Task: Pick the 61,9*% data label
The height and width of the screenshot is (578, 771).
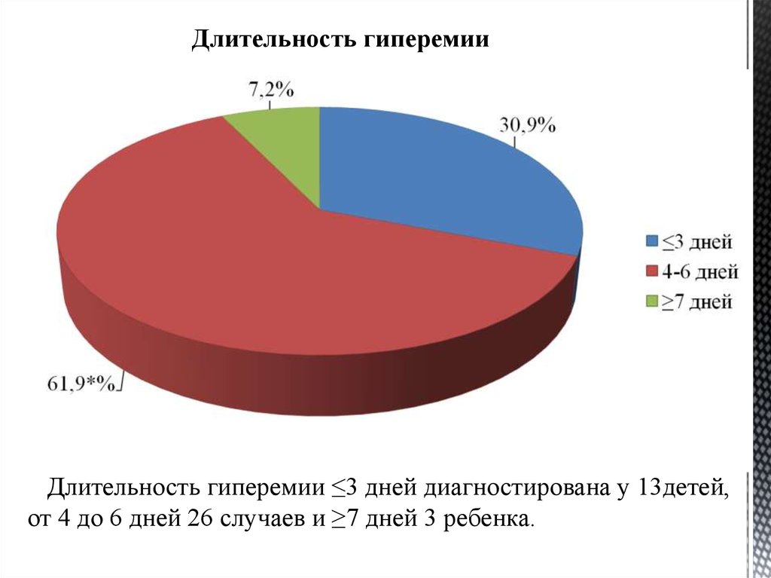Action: coord(81,384)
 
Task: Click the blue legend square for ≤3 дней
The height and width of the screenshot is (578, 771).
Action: coord(651,242)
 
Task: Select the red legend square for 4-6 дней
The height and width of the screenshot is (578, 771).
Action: coord(651,271)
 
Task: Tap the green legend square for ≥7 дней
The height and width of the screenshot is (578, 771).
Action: coord(651,301)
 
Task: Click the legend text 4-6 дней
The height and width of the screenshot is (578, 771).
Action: coord(699,271)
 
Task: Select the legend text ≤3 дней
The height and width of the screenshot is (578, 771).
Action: coord(697,242)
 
